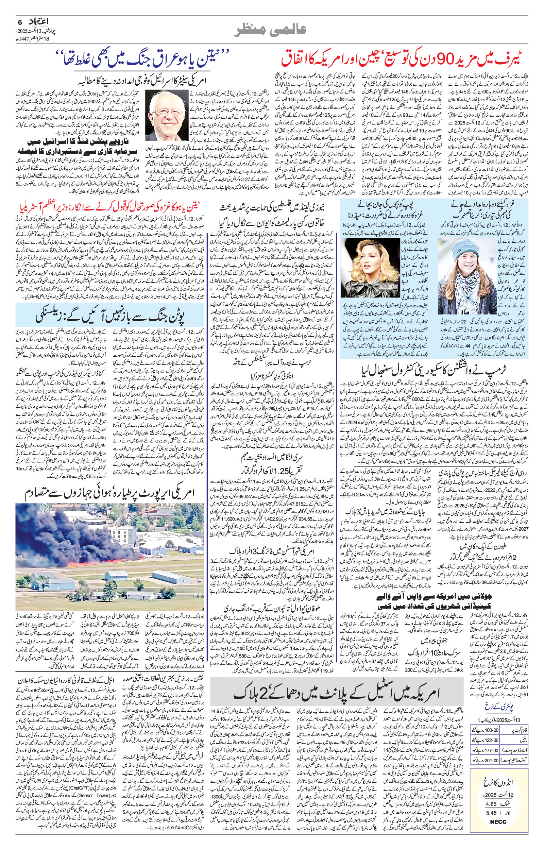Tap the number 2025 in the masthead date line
click(34, 30)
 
